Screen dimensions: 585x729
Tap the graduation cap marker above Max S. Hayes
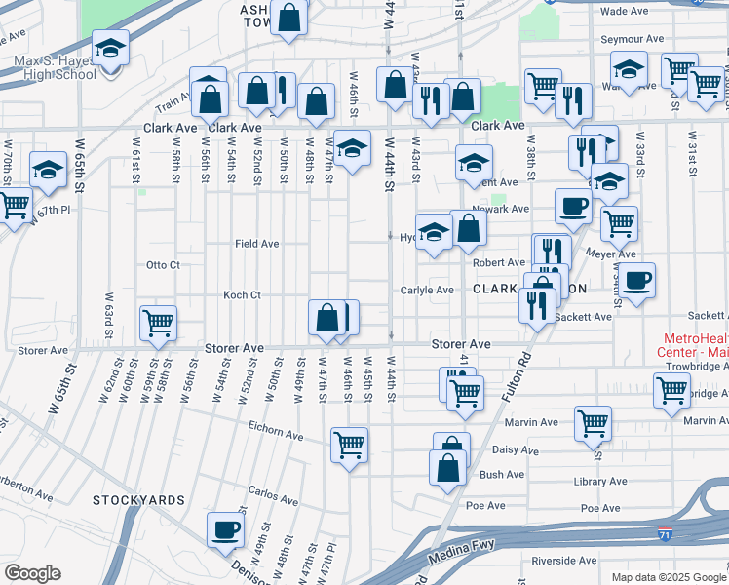click(x=110, y=46)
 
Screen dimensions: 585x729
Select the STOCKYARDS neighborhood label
click(x=138, y=500)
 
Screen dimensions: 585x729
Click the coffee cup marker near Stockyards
click(x=226, y=529)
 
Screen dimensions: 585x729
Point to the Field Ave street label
click(x=256, y=243)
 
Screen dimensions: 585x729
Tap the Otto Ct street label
click(x=163, y=264)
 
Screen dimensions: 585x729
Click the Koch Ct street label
click(x=242, y=294)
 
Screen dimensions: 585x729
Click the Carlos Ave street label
click(x=272, y=491)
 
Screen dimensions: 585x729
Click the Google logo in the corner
click(x=33, y=573)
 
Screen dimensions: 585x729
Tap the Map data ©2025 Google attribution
click(x=668, y=577)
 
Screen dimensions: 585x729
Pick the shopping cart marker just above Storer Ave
click(x=158, y=322)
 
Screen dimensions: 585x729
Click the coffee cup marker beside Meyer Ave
click(x=637, y=280)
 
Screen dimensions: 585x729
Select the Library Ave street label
click(x=599, y=482)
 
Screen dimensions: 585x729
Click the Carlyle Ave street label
click(x=427, y=290)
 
